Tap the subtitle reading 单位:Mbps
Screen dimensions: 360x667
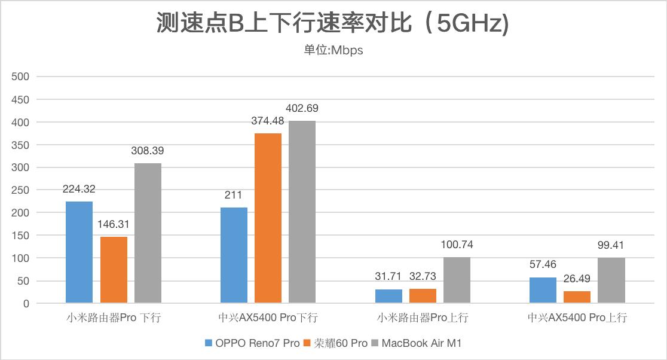click(x=333, y=50)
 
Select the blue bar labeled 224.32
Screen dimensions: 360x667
click(x=79, y=252)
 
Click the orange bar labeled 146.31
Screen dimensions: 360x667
click(x=114, y=270)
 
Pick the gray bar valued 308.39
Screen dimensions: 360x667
click(x=148, y=233)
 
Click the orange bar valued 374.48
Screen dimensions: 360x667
click(x=268, y=218)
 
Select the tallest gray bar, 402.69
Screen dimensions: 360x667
click(x=302, y=212)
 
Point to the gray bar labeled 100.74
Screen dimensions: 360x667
click(x=457, y=280)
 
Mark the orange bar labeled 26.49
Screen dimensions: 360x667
click(x=577, y=297)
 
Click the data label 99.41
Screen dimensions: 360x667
click(x=611, y=245)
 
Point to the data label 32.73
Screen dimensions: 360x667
click(x=423, y=276)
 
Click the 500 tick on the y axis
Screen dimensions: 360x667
click(x=21, y=77)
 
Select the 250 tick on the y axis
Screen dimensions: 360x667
click(x=21, y=190)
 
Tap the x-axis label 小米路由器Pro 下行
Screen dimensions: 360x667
click(x=114, y=318)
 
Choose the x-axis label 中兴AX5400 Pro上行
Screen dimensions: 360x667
click(x=577, y=318)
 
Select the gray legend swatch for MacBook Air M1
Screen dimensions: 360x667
click(x=375, y=343)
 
